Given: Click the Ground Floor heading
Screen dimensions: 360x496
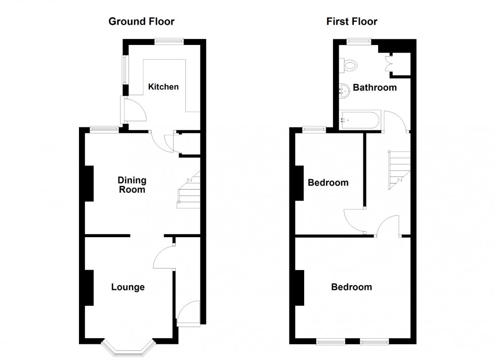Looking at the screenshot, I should click(141, 21).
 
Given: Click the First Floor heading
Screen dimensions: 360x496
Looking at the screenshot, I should click(351, 21).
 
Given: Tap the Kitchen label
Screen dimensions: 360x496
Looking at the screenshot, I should click(163, 87).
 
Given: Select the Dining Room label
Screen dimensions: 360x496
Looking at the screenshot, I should click(132, 185).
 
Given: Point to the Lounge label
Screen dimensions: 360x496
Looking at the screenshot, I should click(128, 288).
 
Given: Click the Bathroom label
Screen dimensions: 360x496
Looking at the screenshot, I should click(375, 88).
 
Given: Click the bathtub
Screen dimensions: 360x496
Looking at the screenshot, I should click(359, 120).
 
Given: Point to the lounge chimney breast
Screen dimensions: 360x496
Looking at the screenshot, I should click(89, 288).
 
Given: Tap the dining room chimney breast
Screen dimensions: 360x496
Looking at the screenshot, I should click(89, 184).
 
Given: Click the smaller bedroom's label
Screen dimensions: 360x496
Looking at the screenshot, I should click(328, 183).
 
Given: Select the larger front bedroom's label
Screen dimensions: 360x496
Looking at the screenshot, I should click(351, 287).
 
